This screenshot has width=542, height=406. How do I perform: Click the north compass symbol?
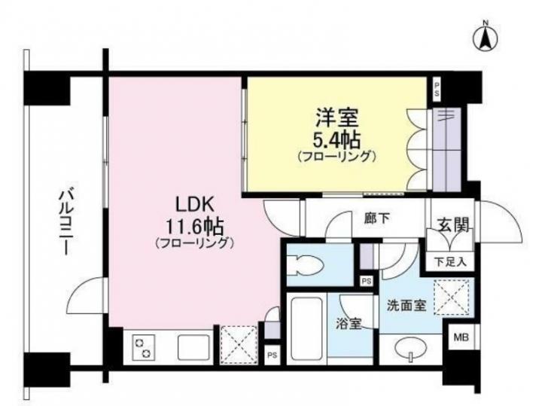pyautogui.click(x=486, y=37)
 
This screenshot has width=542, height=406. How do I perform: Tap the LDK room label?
pyautogui.click(x=195, y=206)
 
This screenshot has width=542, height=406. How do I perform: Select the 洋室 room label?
pyautogui.click(x=336, y=118)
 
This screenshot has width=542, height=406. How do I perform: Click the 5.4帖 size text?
pyautogui.click(x=336, y=139)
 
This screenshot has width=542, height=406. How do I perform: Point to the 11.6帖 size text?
pyautogui.click(x=195, y=227)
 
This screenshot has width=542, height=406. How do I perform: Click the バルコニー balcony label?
pyautogui.click(x=65, y=222)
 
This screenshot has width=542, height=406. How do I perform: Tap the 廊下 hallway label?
pyautogui.click(x=377, y=218)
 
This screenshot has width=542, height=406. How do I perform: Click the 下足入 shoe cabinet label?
pyautogui.click(x=450, y=262)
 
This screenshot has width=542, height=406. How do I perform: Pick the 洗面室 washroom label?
pyautogui.click(x=406, y=305)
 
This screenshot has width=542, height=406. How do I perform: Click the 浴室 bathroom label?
pyautogui.click(x=349, y=324)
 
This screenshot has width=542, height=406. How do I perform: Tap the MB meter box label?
pyautogui.click(x=461, y=337)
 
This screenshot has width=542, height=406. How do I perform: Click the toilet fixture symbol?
pyautogui.click(x=305, y=266)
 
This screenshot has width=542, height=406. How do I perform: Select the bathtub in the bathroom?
pyautogui.click(x=307, y=329)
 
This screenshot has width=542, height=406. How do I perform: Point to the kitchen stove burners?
pyautogui.click(x=143, y=347)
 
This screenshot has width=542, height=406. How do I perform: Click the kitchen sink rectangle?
pyautogui.click(x=194, y=348)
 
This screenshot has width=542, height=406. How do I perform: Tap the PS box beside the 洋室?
pyautogui.click(x=437, y=90)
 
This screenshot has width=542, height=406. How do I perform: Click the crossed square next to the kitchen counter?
pyautogui.click(x=239, y=344)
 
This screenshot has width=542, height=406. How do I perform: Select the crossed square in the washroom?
pyautogui.click(x=452, y=298)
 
